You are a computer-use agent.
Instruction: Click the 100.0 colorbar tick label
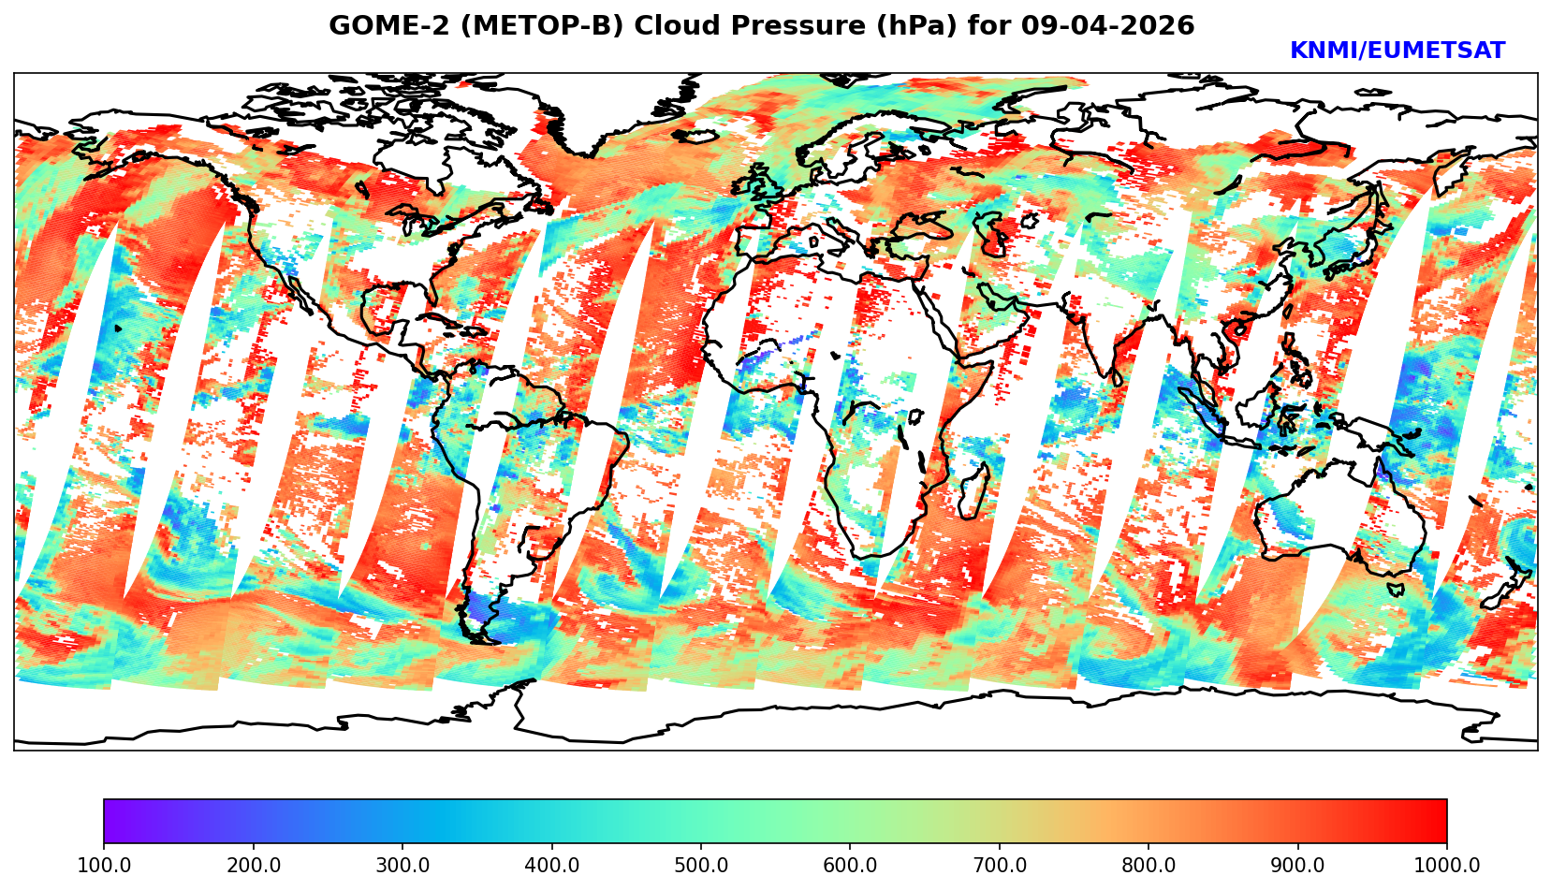coord(104,865)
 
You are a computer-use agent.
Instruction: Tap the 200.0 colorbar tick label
coord(253,865)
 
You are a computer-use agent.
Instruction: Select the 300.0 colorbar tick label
coord(402,865)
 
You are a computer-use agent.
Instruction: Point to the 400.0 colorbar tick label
coord(551,865)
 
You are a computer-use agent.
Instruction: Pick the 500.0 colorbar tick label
coord(701,865)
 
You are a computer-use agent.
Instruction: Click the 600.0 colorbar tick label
coord(850,865)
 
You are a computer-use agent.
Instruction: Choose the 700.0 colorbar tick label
coord(1000,865)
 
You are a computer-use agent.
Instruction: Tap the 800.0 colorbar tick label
coord(1149,865)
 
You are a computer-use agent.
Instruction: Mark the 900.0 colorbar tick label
coord(1298,865)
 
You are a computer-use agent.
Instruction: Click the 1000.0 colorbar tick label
coord(1447,865)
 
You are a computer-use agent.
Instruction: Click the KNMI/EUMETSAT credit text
coord(1397,51)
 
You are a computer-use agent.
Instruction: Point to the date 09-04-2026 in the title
coord(1108,26)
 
